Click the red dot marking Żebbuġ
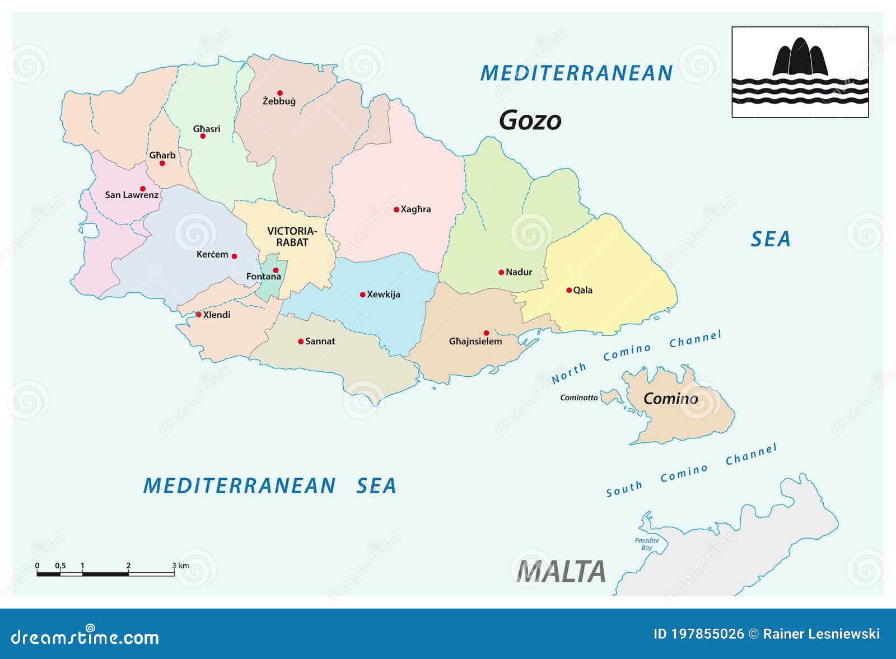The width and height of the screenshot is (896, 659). pyautogui.click(x=280, y=93)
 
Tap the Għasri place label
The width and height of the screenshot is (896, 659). pyautogui.click(x=207, y=129)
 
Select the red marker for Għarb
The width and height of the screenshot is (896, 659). pyautogui.click(x=162, y=163)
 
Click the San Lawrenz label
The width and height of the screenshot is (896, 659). pyautogui.click(x=132, y=195)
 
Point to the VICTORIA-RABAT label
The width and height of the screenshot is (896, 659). pyautogui.click(x=292, y=237)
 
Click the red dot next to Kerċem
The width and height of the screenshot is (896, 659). pyautogui.click(x=234, y=256)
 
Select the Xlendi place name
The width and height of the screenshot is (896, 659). pyautogui.click(x=216, y=315)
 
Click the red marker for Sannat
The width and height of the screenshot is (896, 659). pyautogui.click(x=301, y=342)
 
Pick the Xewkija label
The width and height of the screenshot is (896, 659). pyautogui.click(x=383, y=295)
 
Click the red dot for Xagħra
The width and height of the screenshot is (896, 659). pyautogui.click(x=396, y=210)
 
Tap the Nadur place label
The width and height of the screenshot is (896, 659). pyautogui.click(x=519, y=272)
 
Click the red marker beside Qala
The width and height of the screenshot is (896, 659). pyautogui.click(x=569, y=290)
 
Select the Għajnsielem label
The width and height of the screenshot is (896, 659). pyautogui.click(x=475, y=342)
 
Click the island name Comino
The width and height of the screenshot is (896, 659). pyautogui.click(x=670, y=399)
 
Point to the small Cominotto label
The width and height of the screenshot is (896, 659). pyautogui.click(x=579, y=398)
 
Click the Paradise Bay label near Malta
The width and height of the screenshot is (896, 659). pyautogui.click(x=647, y=544)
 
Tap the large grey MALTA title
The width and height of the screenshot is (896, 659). pyautogui.click(x=561, y=572)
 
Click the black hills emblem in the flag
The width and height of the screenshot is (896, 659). pyautogui.click(x=800, y=58)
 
